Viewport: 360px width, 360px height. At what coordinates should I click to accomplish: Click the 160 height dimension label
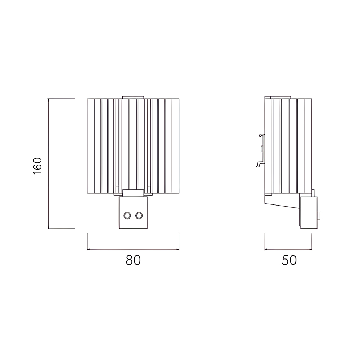click(38, 166)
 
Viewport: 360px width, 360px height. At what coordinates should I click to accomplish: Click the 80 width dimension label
click(133, 260)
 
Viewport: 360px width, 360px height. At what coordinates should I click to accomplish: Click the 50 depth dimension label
click(289, 260)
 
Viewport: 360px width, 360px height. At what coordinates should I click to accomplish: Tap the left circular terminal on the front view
click(127, 216)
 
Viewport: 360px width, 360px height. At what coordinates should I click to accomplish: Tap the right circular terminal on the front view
click(139, 216)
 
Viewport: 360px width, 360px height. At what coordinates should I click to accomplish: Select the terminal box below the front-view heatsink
click(133, 213)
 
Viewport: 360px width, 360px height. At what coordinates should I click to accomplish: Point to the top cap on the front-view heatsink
click(133, 98)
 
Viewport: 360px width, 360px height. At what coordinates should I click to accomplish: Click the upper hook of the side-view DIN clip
click(262, 135)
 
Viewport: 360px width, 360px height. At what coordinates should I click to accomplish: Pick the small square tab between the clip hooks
click(262, 149)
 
